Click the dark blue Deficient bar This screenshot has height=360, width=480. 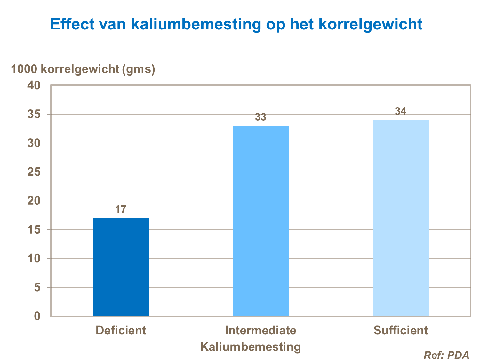click(x=121, y=267)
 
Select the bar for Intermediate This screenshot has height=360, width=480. click(x=260, y=221)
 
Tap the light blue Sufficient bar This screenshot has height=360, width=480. click(x=401, y=218)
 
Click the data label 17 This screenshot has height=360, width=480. click(x=121, y=210)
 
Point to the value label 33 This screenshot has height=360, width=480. click(x=260, y=117)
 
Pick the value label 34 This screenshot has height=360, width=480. click(x=400, y=111)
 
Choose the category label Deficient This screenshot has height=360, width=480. click(x=121, y=330)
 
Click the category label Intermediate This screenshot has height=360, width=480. click(x=260, y=330)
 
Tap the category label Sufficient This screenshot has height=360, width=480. click(x=400, y=330)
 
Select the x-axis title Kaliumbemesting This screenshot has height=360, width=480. click(x=251, y=347)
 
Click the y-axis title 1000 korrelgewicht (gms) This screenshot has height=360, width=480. click(x=83, y=69)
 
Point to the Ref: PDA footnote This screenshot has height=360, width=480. click(x=446, y=355)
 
